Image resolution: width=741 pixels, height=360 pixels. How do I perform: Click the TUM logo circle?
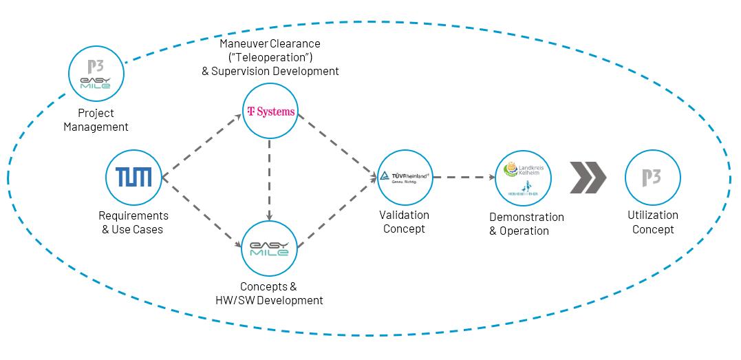point(133,178)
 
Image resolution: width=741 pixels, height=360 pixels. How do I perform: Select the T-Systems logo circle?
point(270,112)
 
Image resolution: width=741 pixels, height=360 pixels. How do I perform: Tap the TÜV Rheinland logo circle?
point(406,177)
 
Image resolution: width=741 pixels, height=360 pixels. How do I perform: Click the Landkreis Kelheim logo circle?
point(524,178)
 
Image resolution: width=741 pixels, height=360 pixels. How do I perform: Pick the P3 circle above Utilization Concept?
point(652,178)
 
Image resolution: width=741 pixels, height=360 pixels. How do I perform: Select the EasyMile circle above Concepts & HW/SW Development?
point(270,247)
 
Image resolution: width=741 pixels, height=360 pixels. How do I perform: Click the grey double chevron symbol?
point(588,178)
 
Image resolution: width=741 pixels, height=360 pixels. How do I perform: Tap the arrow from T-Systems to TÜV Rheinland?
point(339,143)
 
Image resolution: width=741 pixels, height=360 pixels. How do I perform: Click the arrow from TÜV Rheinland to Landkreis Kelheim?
point(464,178)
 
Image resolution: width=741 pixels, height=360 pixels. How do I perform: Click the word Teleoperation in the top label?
point(270,57)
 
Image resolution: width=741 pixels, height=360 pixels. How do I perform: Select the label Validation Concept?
point(405,222)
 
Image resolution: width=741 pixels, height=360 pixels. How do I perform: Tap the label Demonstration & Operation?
point(526,224)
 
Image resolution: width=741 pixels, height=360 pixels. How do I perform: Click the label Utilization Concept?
point(652,222)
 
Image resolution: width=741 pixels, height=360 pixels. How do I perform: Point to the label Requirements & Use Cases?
point(131,222)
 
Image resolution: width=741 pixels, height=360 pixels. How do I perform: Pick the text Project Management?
point(96,120)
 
